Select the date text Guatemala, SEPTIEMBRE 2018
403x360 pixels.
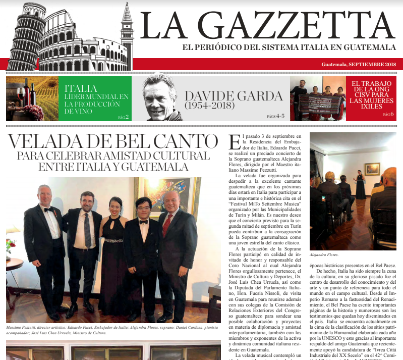coord(358,65)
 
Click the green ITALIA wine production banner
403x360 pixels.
coord(95,98)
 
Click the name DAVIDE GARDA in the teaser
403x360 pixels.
coord(233,96)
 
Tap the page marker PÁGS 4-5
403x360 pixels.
coord(275,116)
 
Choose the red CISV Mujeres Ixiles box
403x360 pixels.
coord(371,98)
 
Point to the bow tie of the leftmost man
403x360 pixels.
coord(47,209)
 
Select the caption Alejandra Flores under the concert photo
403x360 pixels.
coord(324,255)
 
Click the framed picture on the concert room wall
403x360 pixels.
coord(372,169)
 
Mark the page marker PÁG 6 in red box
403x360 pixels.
coord(387,115)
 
